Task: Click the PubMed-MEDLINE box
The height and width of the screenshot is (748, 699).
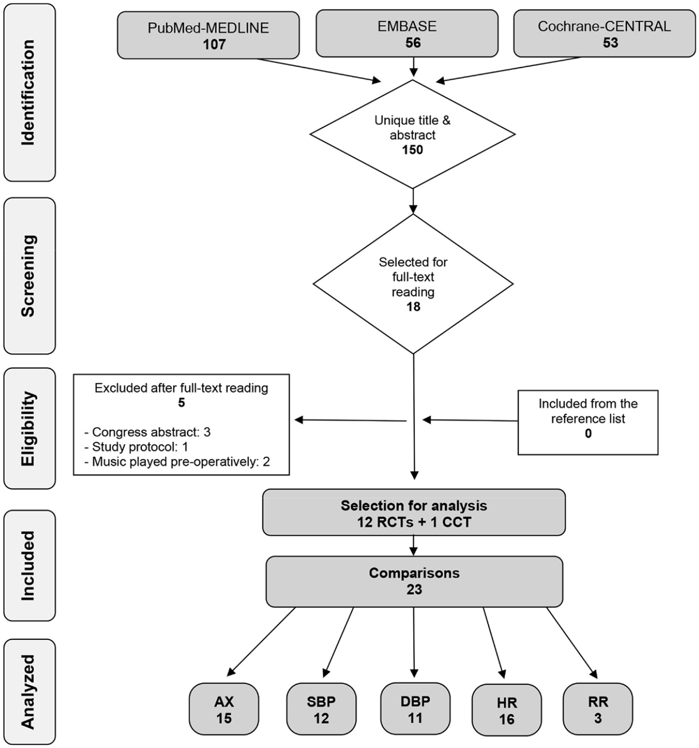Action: point(208,35)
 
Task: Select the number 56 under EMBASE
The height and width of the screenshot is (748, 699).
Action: point(413,43)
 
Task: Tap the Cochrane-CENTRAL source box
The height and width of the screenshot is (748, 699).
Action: point(604,33)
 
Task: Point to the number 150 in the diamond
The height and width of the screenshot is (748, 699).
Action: point(413,150)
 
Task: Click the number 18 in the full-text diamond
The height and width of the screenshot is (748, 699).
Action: point(413,307)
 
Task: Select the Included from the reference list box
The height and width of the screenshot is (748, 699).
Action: point(588,422)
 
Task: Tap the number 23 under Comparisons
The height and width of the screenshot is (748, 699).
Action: point(414,589)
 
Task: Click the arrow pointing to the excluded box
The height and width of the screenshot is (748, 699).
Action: point(350,420)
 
